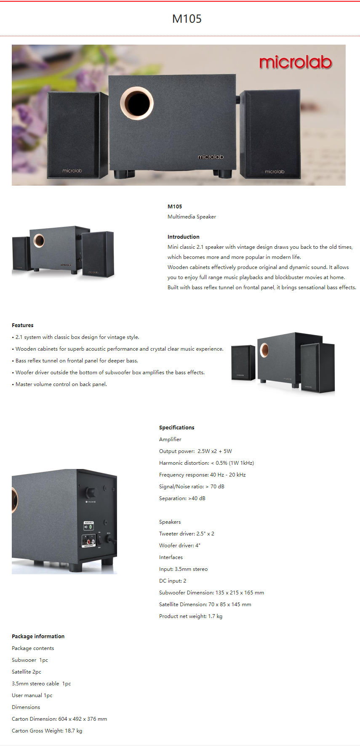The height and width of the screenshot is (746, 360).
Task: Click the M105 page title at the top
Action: pos(187,19)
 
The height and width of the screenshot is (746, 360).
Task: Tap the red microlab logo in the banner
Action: pos(296,62)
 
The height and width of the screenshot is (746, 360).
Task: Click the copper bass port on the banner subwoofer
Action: pos(137,103)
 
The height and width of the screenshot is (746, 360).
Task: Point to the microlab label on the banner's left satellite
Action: pos(72,171)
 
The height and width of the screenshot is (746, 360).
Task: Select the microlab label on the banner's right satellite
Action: pos(275,171)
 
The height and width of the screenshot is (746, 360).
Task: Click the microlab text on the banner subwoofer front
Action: pos(211,157)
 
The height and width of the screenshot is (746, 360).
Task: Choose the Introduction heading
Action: pos(184,237)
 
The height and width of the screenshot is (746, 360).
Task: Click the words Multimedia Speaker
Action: pos(192,217)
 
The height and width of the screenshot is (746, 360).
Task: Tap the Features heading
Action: pos(23,325)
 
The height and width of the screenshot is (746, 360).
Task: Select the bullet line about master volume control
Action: pos(61,384)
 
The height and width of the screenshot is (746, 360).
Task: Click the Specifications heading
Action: pos(177,428)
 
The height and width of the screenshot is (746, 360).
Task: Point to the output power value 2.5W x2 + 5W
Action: pos(215,451)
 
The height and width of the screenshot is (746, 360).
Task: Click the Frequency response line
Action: pos(203,475)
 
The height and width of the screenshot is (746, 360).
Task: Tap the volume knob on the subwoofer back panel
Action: pos(90,492)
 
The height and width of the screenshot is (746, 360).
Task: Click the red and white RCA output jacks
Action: pos(89,541)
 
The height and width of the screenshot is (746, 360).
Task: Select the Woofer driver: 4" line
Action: pos(180,546)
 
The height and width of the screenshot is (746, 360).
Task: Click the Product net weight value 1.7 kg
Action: pos(215,616)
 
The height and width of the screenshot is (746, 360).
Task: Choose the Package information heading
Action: pos(38,637)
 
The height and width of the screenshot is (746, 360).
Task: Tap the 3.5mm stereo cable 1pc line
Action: pos(41,684)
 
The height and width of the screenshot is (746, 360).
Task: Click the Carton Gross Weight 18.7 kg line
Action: pos(47,731)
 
